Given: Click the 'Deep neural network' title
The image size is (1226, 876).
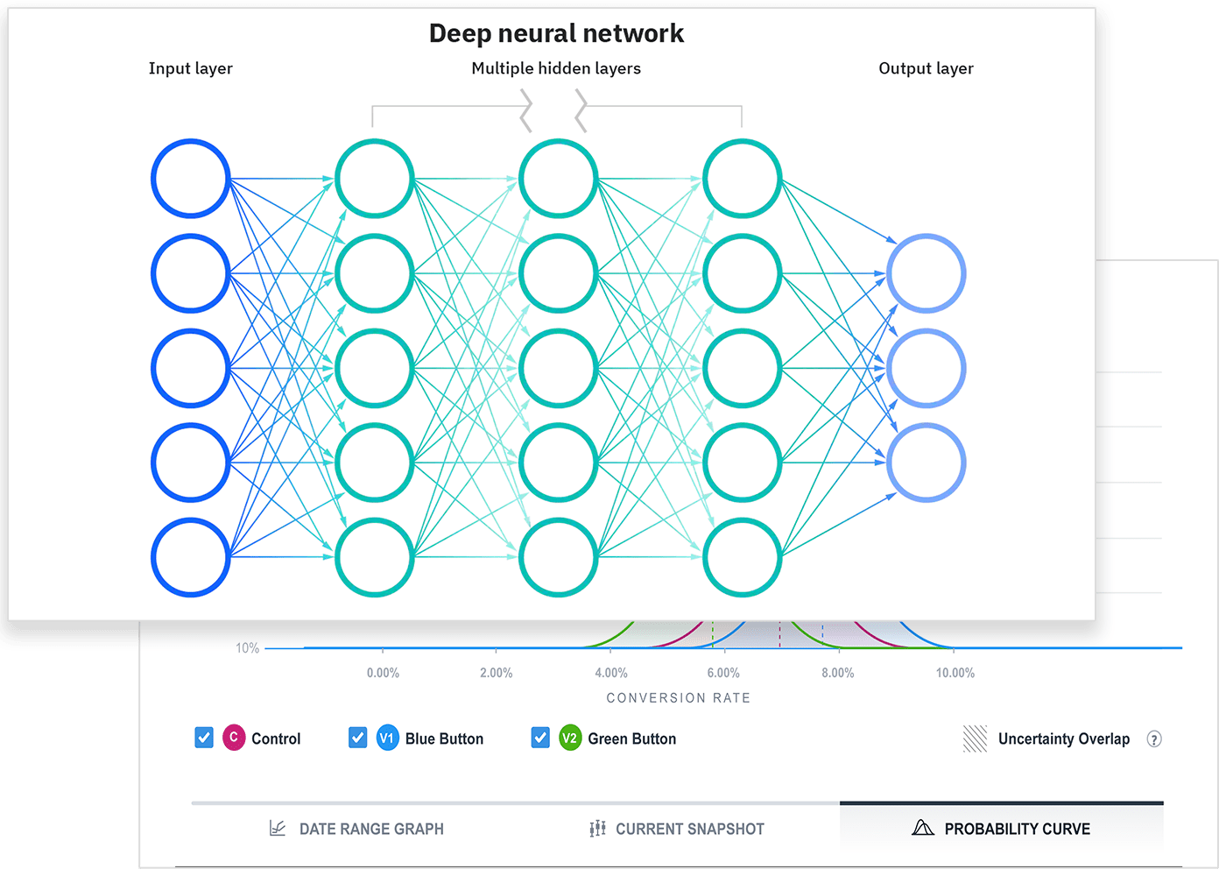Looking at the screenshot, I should pos(556,33).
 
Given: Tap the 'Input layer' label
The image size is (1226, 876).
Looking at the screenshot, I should pos(190,68).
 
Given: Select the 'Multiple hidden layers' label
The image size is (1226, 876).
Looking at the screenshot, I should pos(556,68).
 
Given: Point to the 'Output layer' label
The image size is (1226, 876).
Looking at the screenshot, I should pos(926,68).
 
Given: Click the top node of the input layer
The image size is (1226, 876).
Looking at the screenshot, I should pos(190,179).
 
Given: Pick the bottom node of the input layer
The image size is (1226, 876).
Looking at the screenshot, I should pos(190,557).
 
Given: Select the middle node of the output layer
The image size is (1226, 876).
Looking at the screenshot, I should pos(926,368).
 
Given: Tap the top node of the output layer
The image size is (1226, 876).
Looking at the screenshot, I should pos(926,273).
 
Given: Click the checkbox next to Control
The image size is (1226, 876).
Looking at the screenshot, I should pos(204,738).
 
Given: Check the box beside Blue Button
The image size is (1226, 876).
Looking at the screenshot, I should pos(357,738).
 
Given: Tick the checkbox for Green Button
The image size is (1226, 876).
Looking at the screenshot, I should pos(540,738).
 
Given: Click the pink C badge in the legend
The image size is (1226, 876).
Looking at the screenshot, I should pos(234,738).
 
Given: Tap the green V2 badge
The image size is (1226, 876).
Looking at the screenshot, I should pos(570,738).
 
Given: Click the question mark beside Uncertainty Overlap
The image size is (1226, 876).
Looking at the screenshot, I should pos(1154,739).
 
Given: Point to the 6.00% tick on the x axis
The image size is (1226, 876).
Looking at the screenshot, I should pos(723,673).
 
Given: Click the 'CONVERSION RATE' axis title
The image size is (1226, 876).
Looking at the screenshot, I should pos(679,698).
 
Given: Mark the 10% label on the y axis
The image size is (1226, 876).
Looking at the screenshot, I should pos(248,648).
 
